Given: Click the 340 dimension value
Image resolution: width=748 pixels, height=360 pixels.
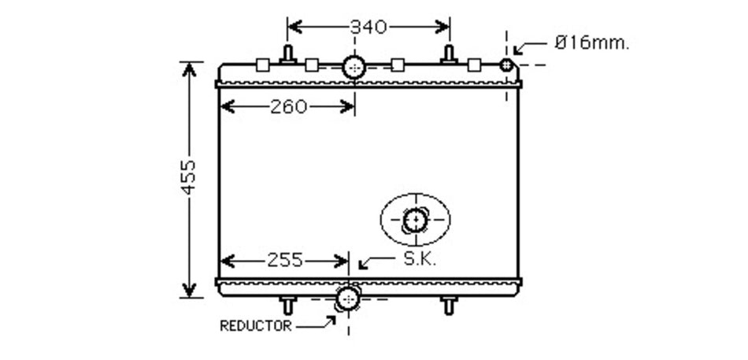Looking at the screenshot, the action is tap(368, 27).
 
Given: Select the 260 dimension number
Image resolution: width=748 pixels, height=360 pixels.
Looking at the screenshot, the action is tap(289, 106).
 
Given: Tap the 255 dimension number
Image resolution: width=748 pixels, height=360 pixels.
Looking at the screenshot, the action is tap(285, 260).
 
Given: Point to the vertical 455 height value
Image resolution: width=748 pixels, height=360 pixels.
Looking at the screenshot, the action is tap(188, 177).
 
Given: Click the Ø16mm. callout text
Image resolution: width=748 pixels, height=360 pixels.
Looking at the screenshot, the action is tap(591, 43).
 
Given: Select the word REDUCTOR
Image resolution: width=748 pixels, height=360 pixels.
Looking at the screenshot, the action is tap(255, 326).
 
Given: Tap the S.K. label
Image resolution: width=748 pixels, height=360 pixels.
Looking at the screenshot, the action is tap(420, 259).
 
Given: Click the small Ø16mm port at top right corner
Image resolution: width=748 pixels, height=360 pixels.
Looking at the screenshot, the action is tap(506, 65).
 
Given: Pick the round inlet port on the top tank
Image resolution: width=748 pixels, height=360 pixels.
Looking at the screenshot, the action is tap(354, 67).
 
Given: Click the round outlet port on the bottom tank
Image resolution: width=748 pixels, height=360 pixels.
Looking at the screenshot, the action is tap(348, 299).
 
